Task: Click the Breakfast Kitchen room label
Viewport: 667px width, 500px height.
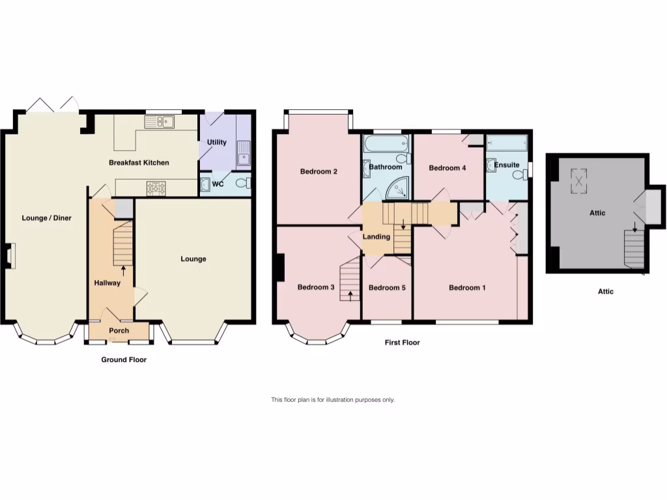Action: [138, 163]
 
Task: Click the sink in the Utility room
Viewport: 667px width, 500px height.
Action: [244, 154]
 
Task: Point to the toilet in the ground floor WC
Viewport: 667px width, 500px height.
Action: [242, 184]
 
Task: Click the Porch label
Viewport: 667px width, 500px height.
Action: [119, 331]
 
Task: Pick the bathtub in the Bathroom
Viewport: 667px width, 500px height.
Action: [386, 143]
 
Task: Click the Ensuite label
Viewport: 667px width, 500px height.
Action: [507, 165]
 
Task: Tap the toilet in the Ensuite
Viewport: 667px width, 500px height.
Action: [519, 174]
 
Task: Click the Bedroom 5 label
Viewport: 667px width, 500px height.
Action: [387, 288]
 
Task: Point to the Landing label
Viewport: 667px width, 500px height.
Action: [376, 237]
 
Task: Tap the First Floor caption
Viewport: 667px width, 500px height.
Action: [402, 342]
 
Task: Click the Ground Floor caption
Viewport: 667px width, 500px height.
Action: [124, 359]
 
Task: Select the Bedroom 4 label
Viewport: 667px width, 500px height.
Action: [447, 168]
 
